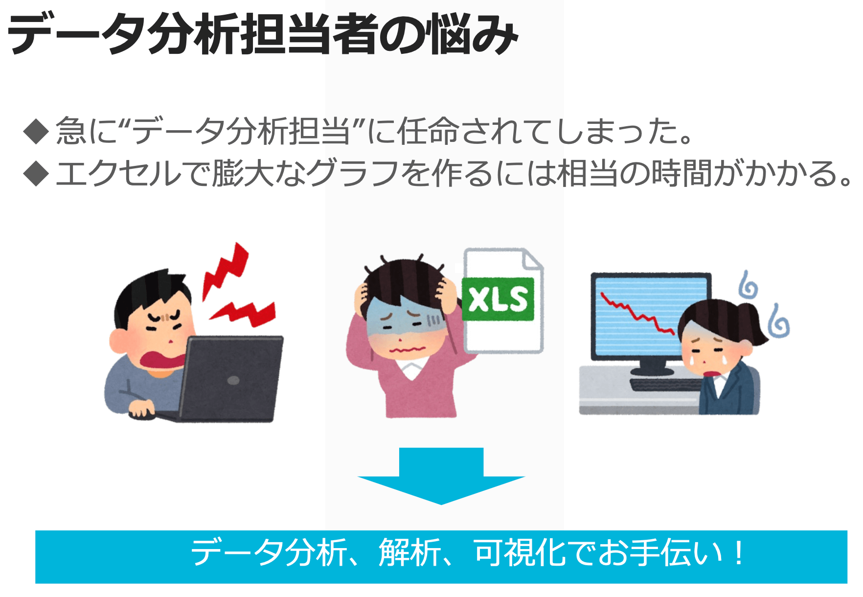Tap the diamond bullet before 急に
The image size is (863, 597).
tap(36, 131)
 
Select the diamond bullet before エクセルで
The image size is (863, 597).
tap(36, 173)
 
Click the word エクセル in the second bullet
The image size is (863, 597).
tap(118, 173)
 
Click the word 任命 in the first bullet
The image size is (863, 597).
tap(428, 131)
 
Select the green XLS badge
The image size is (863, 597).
tap(498, 299)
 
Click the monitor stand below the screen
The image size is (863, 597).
tap(651, 366)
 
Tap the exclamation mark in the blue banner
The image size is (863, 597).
tap(739, 553)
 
